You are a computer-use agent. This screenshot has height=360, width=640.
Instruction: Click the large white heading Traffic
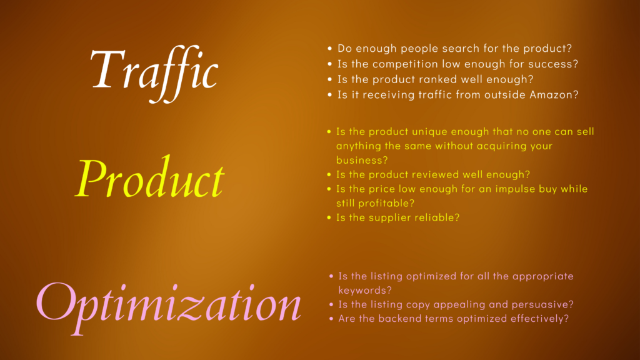[154, 74]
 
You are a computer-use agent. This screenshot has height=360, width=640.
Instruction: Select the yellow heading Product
[150, 178]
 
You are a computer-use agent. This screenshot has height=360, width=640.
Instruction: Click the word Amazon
[554, 95]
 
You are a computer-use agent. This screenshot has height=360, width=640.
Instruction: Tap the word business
[362, 161]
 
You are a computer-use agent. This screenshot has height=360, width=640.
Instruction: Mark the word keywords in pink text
[365, 290]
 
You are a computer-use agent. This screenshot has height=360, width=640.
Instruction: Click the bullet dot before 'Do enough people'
[330, 49]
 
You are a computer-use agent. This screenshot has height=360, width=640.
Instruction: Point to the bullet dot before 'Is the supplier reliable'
[329, 218]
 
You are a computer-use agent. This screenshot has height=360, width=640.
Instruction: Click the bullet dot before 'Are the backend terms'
[331, 319]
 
